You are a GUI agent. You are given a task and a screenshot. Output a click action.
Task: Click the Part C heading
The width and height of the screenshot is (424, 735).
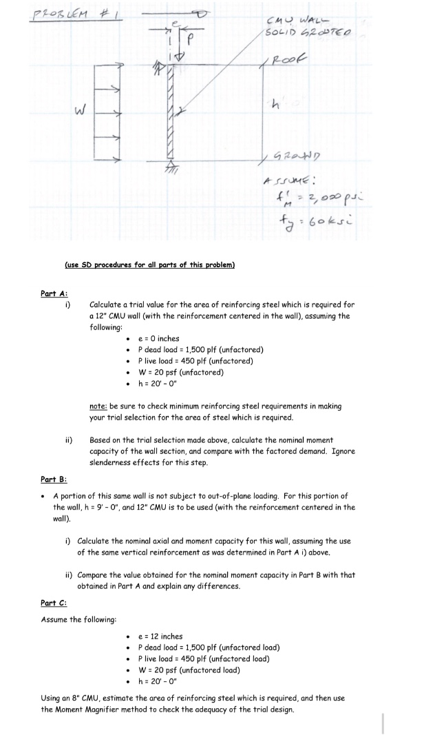point(53,603)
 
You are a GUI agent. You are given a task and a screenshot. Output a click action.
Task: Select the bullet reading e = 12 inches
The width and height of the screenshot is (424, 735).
point(160,636)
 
